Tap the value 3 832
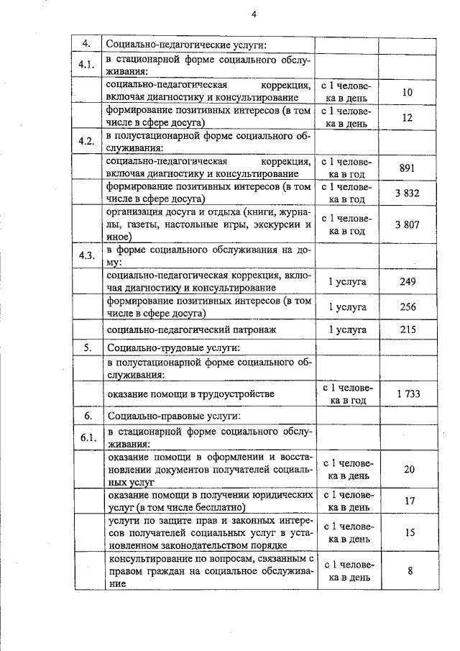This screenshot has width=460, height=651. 408,194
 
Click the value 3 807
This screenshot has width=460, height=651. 408,224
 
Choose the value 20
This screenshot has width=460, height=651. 409,469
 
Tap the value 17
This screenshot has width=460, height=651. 409,501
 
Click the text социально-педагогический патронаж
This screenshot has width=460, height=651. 182,329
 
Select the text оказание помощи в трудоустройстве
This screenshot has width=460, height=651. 190,394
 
